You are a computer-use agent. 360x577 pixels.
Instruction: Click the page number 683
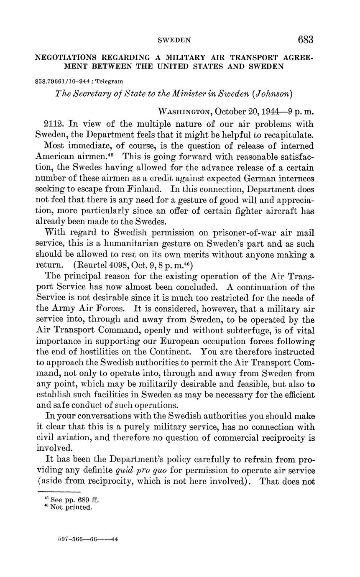point(305,40)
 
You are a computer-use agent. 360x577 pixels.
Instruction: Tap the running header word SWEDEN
point(174,41)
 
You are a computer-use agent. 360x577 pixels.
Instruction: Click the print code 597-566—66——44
point(88,539)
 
